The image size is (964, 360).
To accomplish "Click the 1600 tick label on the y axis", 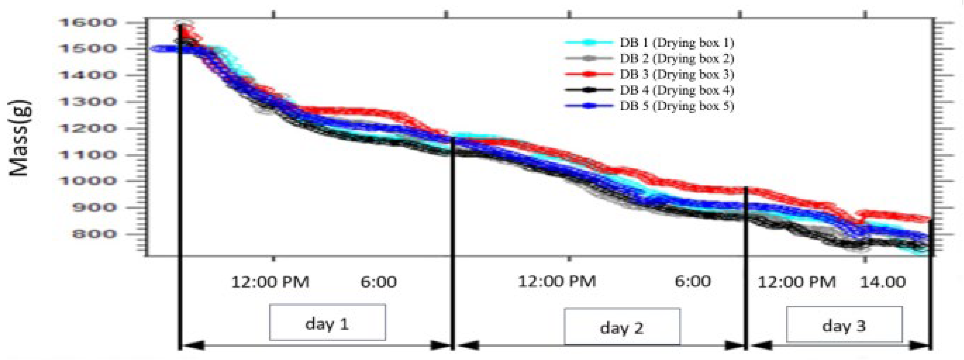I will (x=88, y=23).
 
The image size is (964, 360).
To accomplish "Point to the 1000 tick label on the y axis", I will (x=88, y=181).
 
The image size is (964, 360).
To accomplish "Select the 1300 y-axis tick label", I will (x=88, y=102).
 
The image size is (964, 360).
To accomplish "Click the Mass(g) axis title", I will (x=19, y=138).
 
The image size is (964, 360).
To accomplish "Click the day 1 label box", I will (x=327, y=322).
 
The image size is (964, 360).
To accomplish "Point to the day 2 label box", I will (x=622, y=327).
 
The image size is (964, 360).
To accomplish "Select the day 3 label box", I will (x=844, y=324).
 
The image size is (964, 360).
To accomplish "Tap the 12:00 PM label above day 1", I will (x=270, y=282).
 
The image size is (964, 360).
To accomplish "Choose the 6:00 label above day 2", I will (x=693, y=281).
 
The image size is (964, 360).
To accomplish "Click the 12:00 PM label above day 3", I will (x=797, y=282).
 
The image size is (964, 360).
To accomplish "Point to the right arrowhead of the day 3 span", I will (x=920, y=345).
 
